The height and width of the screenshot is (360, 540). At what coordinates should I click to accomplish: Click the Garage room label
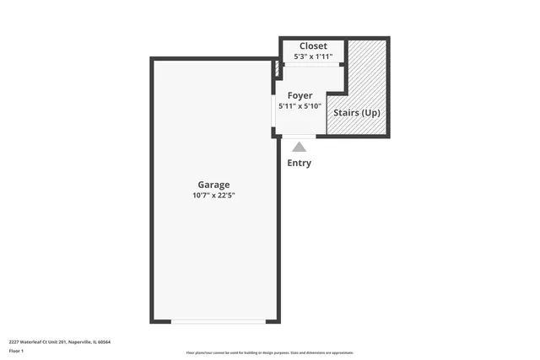click(213, 185)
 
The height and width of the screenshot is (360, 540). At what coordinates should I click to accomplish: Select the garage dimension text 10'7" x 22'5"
click(213, 196)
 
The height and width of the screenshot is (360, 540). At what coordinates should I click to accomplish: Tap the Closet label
click(313, 46)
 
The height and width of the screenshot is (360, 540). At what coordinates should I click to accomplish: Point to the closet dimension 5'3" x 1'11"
click(313, 56)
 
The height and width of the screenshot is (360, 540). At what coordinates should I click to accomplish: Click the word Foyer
click(300, 95)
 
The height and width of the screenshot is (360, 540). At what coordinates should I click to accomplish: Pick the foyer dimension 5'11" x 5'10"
click(300, 106)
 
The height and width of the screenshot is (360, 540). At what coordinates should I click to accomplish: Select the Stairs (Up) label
click(357, 112)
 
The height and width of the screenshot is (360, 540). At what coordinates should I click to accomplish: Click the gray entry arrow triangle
click(300, 147)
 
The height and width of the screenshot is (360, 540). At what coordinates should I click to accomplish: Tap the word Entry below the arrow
click(300, 163)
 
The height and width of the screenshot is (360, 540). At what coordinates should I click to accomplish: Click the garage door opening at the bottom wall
click(218, 320)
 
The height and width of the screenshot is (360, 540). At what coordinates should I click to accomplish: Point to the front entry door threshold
click(299, 135)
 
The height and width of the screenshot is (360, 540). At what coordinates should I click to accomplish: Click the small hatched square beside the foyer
click(276, 71)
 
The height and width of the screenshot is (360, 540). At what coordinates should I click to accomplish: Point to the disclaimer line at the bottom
click(270, 352)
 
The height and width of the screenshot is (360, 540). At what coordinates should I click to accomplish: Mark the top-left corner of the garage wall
click(153, 59)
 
